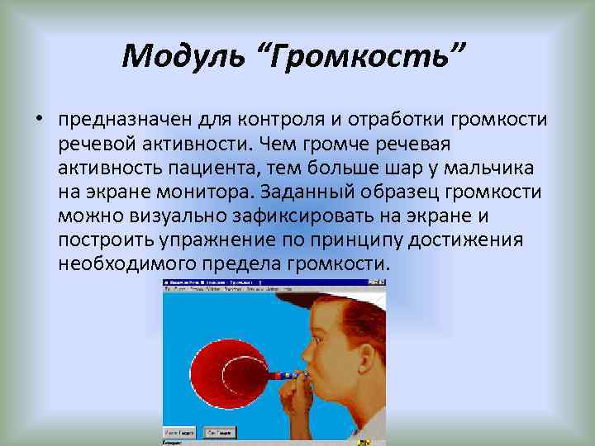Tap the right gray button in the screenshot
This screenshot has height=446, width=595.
[220, 432]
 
